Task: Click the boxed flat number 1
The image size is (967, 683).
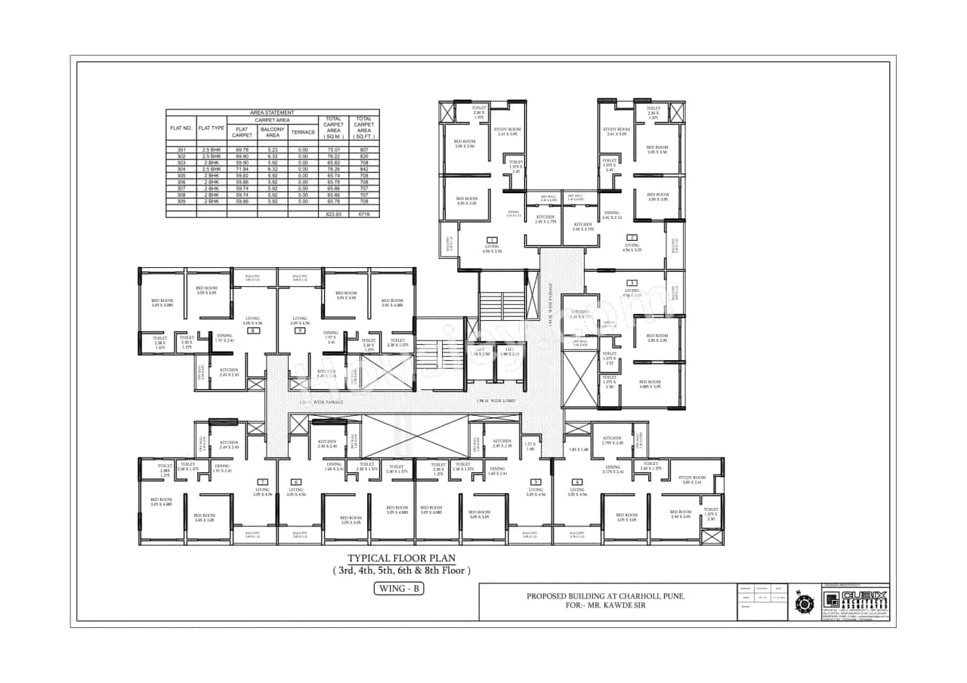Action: click(x=492, y=239)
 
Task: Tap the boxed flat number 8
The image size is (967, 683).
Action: click(x=254, y=331)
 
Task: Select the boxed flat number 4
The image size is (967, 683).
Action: click(x=577, y=481)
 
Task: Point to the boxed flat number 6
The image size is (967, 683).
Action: click(x=296, y=481)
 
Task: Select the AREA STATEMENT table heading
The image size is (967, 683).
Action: click(x=272, y=112)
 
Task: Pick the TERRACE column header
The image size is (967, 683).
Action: click(x=302, y=131)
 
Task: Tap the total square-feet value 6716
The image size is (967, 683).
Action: click(x=364, y=214)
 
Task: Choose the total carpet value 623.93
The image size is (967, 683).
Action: click(x=333, y=214)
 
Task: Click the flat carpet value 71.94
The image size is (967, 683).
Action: click(x=241, y=169)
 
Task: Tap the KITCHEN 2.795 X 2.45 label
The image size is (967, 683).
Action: click(x=612, y=440)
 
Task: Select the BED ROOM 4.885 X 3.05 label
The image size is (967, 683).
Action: click(x=650, y=385)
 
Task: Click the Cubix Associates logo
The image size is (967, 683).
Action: click(x=855, y=601)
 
